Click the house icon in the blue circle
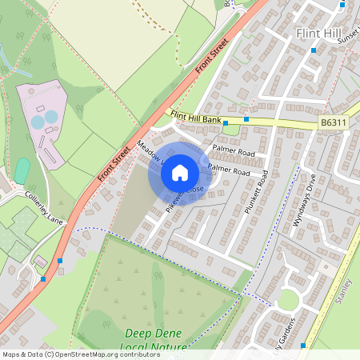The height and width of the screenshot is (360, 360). tap(180, 172)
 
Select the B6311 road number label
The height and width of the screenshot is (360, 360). tap(334, 123)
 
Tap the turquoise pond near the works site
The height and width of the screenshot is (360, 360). tap(22, 170)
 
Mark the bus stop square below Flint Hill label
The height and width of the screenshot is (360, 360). tap(314, 50)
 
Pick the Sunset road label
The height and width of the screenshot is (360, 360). tap(350, 37)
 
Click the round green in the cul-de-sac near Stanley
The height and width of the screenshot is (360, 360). tap(289, 300)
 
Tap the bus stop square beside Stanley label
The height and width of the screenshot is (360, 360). tap(303, 345)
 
